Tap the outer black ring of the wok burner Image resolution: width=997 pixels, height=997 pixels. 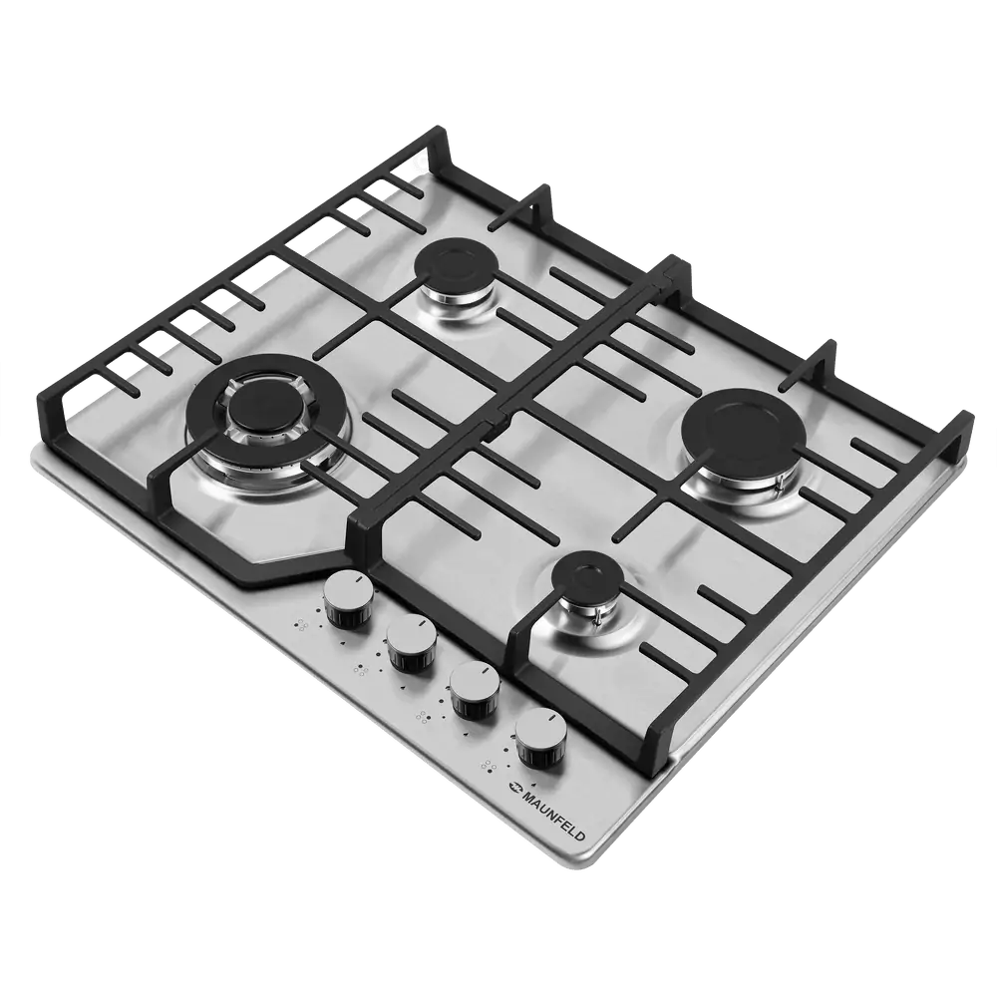[x=267, y=363]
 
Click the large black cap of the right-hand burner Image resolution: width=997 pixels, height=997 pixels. [x=742, y=433]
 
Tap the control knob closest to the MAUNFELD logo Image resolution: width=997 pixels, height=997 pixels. [x=541, y=737]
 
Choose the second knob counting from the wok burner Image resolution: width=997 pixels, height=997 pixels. [x=412, y=643]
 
